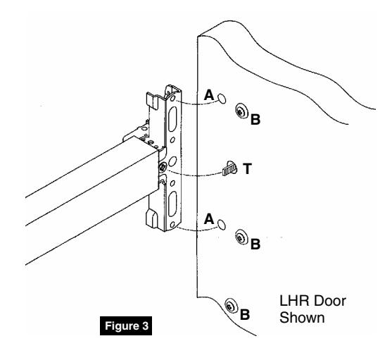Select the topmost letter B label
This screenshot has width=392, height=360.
255,120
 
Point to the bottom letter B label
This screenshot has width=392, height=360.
246,315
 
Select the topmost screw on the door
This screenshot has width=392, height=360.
241,111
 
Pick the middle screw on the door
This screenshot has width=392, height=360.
241,235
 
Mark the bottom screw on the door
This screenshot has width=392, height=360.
231,306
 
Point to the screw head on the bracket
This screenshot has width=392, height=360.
163,166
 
